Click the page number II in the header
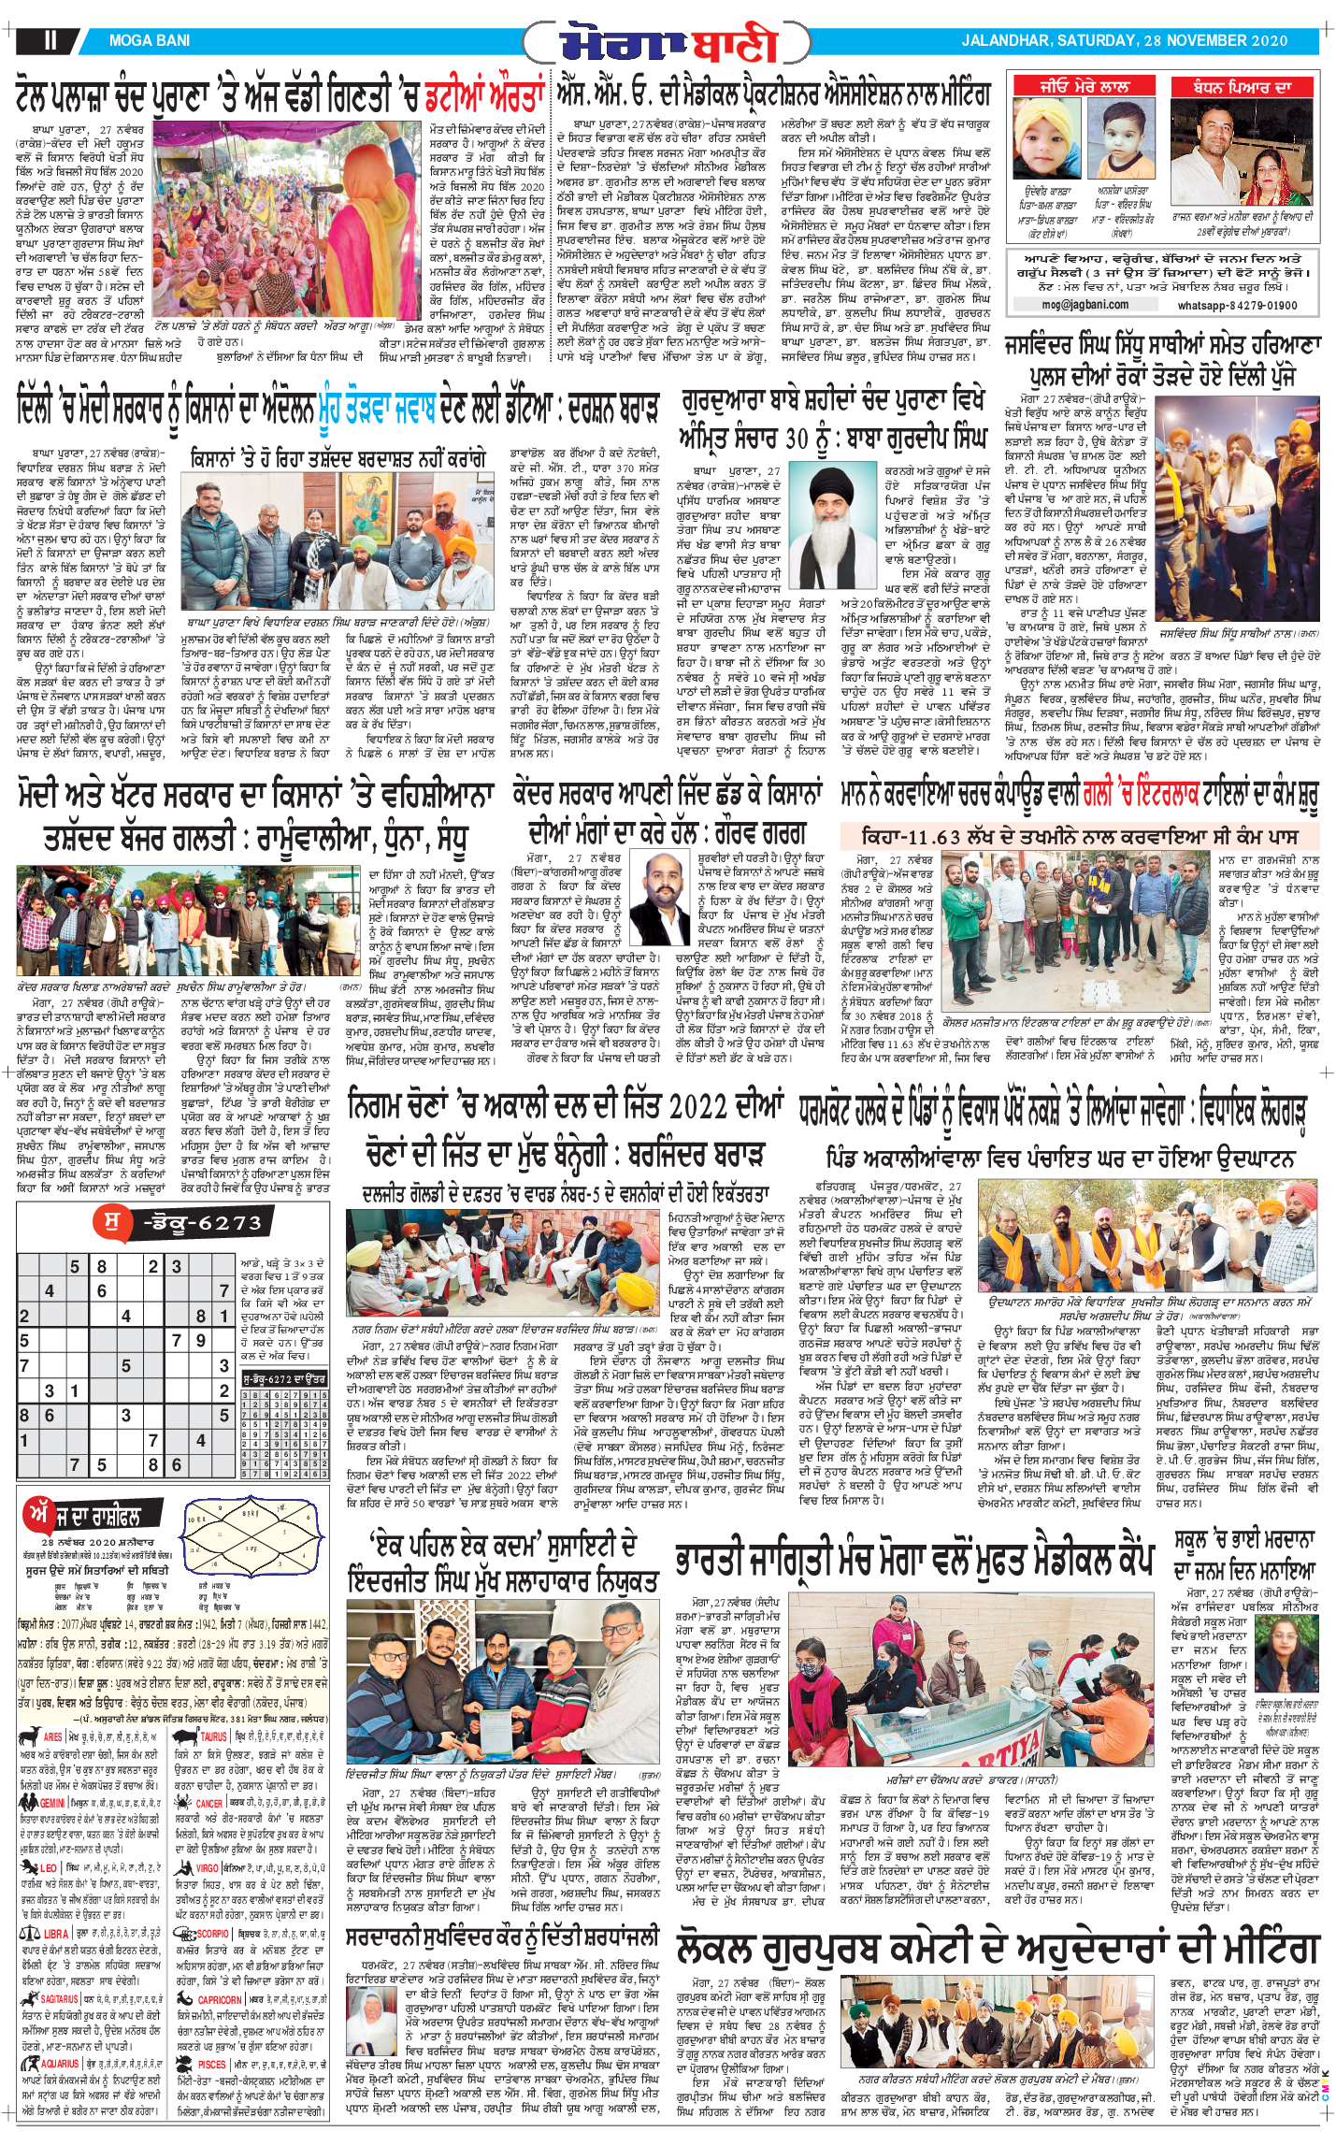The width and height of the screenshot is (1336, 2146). (50, 40)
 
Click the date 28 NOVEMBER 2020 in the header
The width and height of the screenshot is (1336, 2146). (1215, 41)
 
